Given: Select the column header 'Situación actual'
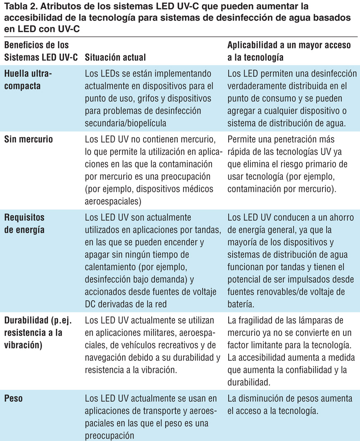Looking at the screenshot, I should [x=115, y=57].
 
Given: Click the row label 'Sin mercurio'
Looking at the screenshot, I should [x=29, y=139].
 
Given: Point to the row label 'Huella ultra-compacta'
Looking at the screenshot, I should [x=29, y=80].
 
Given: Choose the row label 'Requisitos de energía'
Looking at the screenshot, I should [x=24, y=224].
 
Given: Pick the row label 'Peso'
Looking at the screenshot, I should [x=13, y=399].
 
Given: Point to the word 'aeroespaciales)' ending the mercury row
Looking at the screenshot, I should [x=113, y=201].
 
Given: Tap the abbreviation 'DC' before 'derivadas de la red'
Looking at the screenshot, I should [x=91, y=304].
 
